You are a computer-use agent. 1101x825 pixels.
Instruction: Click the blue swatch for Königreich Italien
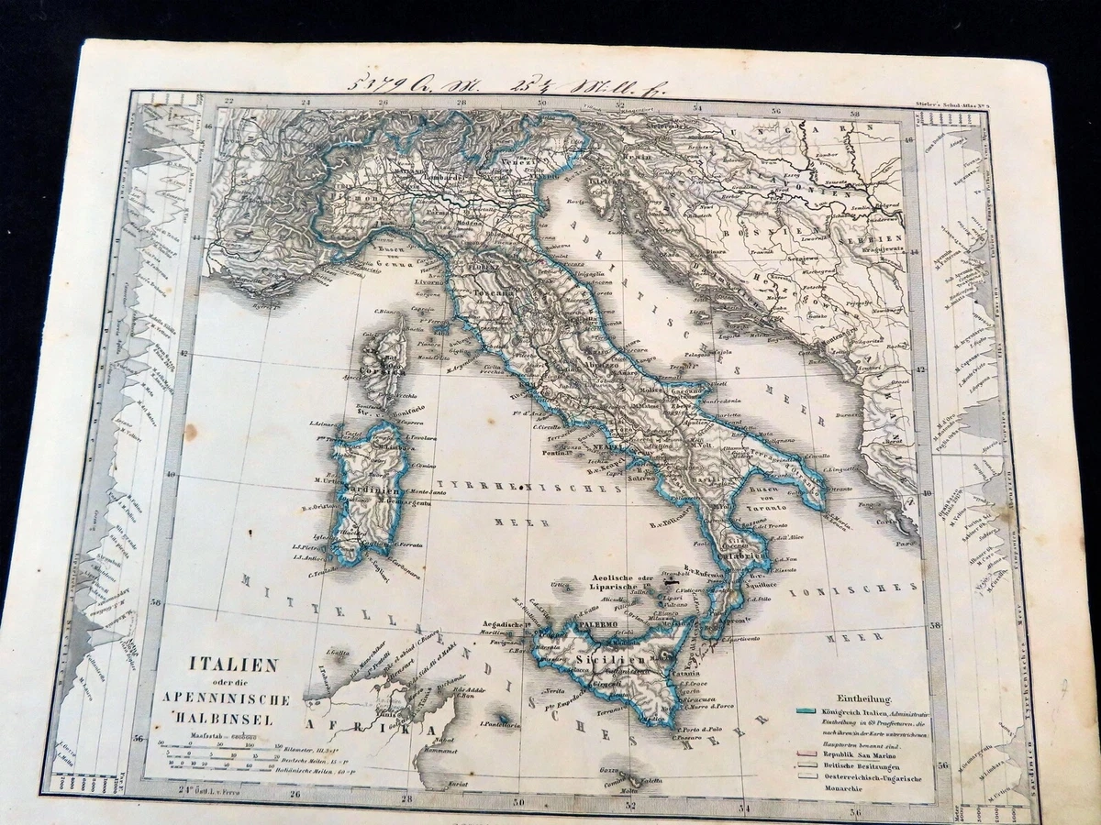808,711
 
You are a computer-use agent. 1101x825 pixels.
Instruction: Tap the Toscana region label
496,293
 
